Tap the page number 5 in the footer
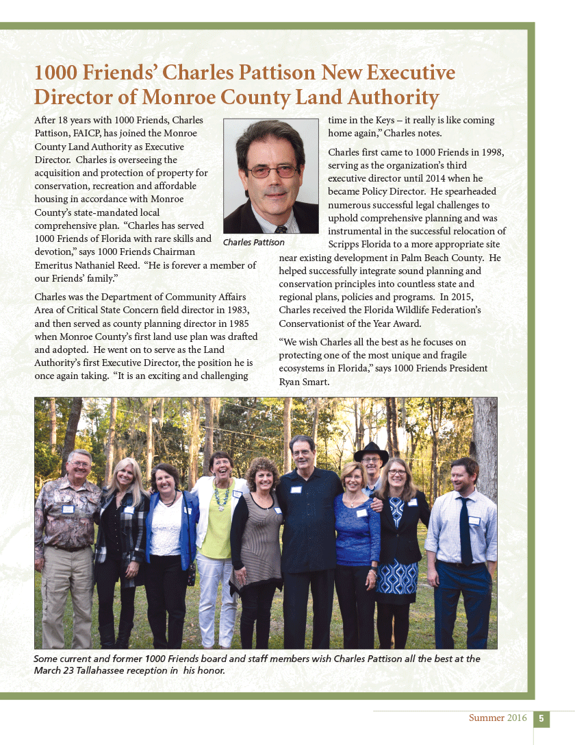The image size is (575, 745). pyautogui.click(x=541, y=718)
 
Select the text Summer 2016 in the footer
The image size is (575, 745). pyautogui.click(x=498, y=718)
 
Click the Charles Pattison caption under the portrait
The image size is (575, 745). pyautogui.click(x=254, y=243)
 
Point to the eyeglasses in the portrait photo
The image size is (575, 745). pyautogui.click(x=272, y=171)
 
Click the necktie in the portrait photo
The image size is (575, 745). pyautogui.click(x=281, y=228)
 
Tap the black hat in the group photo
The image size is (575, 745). pyautogui.click(x=371, y=453)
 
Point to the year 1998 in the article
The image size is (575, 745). pyautogui.click(x=489, y=152)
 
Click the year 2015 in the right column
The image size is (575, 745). pyautogui.click(x=454, y=297)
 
